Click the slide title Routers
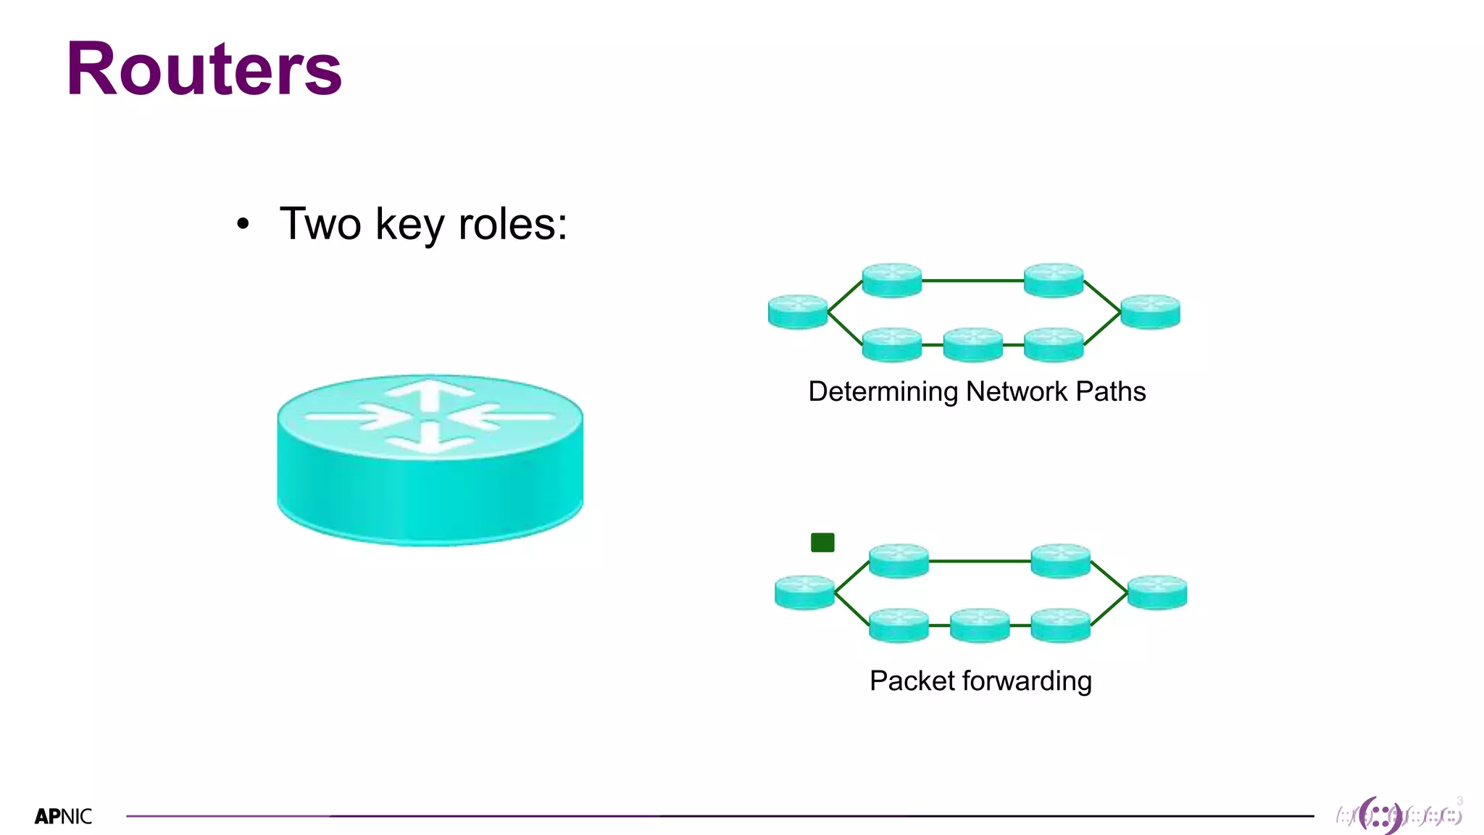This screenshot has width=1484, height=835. coord(204,70)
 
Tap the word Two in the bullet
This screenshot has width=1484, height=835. coord(320,224)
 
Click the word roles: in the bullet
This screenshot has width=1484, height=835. coord(513,224)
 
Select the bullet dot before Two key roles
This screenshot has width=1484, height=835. coord(243,225)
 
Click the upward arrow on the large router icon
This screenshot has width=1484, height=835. coord(430,396)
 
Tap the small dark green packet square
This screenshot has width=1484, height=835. coord(822,542)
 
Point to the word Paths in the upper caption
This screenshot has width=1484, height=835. coord(1110,391)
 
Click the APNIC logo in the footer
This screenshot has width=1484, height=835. coord(63,817)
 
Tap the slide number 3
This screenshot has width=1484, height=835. coord(1459,801)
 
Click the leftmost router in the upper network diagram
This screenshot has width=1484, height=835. coord(798,312)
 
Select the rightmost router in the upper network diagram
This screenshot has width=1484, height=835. coord(1150,312)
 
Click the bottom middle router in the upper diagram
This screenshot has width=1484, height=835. coord(973,344)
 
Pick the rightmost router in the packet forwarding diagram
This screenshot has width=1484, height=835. coord(1157,592)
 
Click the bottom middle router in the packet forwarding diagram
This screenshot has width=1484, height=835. coord(980,625)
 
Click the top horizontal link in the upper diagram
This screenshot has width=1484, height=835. coord(972,281)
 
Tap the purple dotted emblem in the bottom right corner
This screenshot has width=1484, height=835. coord(1381,815)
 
